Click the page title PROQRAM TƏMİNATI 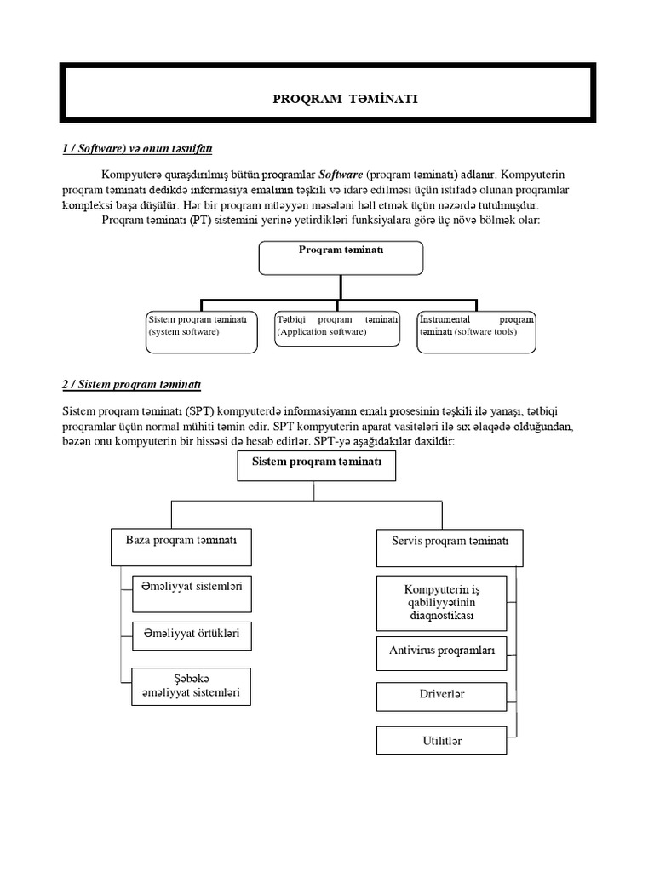[x=345, y=100]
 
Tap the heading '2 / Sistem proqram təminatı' [x=131, y=384]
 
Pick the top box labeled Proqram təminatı [x=340, y=257]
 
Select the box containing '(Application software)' [x=337, y=330]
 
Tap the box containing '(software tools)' [x=477, y=330]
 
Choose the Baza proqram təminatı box [x=181, y=546]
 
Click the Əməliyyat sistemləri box [x=192, y=594]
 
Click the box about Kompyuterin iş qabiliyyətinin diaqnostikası [x=441, y=602]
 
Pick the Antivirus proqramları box [x=441, y=652]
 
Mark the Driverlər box [x=441, y=696]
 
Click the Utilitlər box [x=441, y=740]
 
